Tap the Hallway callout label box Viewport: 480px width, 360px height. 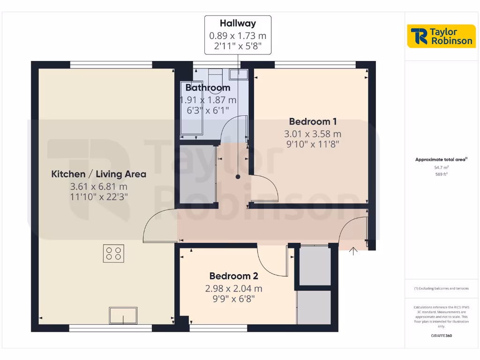(238, 34)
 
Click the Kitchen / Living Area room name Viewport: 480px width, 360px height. (98, 174)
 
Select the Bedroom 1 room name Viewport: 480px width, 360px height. (313, 121)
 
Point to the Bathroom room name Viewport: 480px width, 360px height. (208, 88)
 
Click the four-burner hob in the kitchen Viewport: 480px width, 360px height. (114, 254)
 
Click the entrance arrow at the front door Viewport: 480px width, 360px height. (353, 251)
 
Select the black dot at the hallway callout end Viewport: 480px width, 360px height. (238, 177)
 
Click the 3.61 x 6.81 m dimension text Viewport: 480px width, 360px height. (98, 187)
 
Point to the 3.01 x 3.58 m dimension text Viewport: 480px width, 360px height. (313, 134)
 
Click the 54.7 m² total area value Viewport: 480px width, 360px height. (441, 167)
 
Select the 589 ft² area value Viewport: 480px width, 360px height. (441, 174)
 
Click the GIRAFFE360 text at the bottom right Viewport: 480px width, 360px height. (441, 336)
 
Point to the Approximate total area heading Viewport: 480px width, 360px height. (441, 159)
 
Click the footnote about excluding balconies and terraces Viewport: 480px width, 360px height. (441, 288)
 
